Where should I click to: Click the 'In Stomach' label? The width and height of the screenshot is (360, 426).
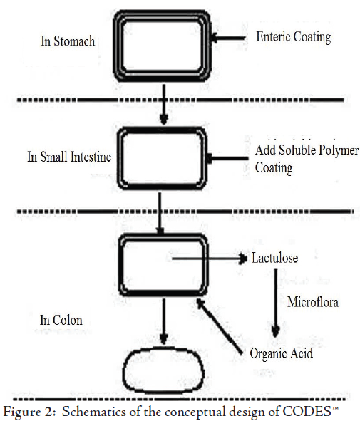pos(68,41)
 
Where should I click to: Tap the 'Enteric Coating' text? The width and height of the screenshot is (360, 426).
pos(294,37)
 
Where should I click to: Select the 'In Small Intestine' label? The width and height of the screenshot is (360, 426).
pos(69,157)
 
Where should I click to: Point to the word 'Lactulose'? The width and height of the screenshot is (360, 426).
pos(274,258)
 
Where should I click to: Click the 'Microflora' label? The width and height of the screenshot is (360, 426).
pos(313,302)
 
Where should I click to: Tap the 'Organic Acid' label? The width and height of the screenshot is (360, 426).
pos(281,353)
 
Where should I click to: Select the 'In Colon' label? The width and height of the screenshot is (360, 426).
pos(61,320)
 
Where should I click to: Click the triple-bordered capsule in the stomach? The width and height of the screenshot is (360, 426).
pos(162,11)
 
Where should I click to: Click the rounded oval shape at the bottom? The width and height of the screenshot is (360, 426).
pos(163,348)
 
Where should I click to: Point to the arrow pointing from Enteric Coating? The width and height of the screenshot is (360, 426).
pos(228,38)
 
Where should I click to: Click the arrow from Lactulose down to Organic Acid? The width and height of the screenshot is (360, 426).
pos(276,303)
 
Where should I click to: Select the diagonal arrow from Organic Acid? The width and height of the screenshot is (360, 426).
pos(220,326)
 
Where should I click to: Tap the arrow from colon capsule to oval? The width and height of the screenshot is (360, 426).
pos(163,322)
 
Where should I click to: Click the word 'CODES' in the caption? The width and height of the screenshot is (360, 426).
pos(307,412)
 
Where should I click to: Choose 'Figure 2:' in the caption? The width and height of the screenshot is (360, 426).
pos(29,412)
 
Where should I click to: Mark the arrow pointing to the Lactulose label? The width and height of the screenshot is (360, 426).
pos(210,259)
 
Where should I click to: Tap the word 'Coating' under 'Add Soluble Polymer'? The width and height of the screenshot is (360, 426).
pos(274,168)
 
